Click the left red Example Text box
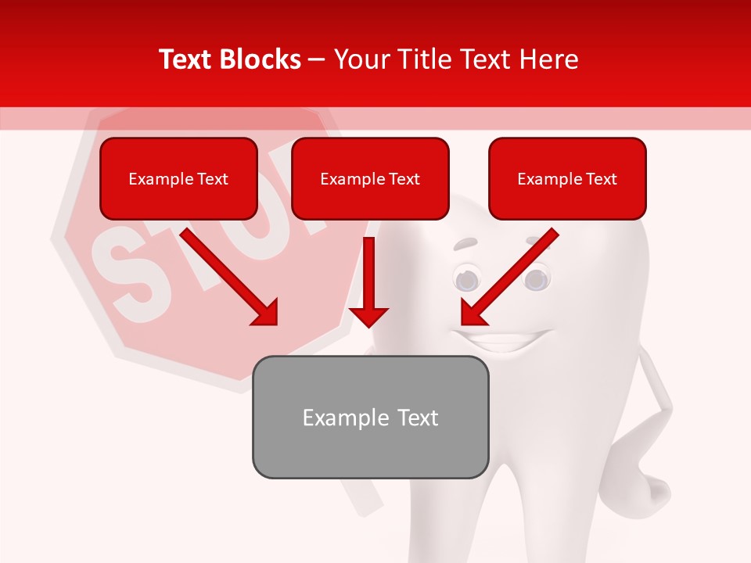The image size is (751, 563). tap(178, 178)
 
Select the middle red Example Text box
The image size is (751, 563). tap(370, 178)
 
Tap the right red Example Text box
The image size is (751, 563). tap(567, 178)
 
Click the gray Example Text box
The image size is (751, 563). tap(370, 417)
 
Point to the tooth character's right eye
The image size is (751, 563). tap(536, 278)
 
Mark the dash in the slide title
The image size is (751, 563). tap(317, 59)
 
